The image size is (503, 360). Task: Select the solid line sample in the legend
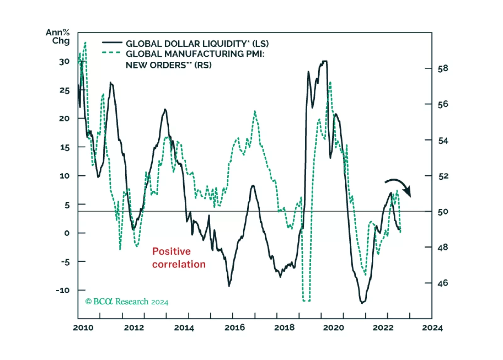(112, 42)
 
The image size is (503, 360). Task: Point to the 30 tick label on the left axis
(64, 62)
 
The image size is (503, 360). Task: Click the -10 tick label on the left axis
(63, 290)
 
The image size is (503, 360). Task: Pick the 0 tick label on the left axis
(66, 233)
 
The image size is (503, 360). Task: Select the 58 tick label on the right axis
(443, 69)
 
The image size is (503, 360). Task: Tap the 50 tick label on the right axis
(443, 212)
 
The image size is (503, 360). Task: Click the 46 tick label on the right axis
(443, 283)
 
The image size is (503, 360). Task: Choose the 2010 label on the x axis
(83, 328)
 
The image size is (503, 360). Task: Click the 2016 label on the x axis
(235, 328)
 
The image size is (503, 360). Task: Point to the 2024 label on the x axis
(432, 328)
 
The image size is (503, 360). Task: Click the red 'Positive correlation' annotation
(178, 258)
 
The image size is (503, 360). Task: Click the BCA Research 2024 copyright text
(127, 302)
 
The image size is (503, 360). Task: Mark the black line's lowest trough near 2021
(362, 303)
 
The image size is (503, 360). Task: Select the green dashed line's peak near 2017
(255, 111)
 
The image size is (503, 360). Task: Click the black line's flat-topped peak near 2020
(324, 61)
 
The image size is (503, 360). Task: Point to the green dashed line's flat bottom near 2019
(306, 301)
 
